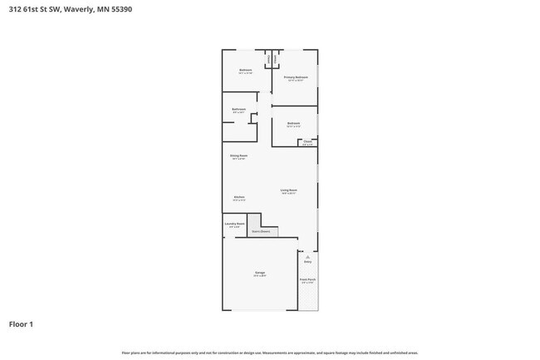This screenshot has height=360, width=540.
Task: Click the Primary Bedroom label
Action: click(296, 77)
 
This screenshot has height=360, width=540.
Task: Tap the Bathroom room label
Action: click(238, 110)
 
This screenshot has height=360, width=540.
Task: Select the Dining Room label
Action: click(238, 155)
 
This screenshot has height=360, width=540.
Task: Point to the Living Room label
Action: click(288, 190)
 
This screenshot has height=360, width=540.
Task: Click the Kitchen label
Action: click(238, 197)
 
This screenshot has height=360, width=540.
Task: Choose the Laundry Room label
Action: click(234, 224)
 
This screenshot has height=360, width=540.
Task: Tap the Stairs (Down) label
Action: click(261, 232)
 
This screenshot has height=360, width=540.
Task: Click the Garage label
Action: click(260, 273)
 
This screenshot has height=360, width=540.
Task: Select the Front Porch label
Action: click(307, 279)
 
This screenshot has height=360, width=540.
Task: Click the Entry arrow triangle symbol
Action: click(307, 257)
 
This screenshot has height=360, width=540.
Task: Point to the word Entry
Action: click(307, 262)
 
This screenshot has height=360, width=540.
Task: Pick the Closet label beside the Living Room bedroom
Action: click(307, 141)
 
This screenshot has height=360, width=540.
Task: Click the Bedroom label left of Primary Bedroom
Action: click(245, 70)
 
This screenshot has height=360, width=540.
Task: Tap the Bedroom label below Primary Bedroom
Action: click(293, 123)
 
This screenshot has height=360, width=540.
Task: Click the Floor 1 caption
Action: click(21, 323)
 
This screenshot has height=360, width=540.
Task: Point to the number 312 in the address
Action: click(15, 9)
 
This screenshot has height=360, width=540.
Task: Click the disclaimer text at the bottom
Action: click(269, 353)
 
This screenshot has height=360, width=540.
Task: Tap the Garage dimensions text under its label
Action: click(260, 276)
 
